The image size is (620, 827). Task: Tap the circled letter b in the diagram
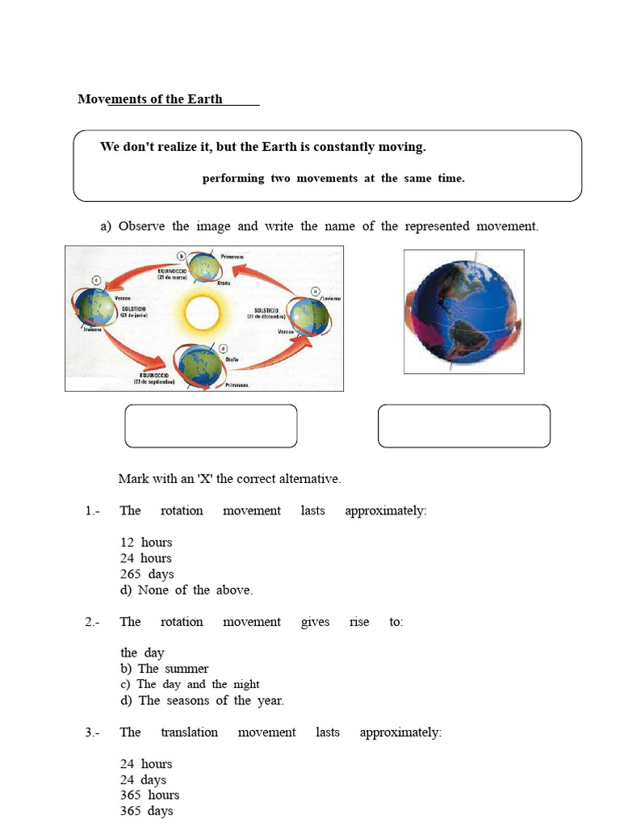click(182, 255)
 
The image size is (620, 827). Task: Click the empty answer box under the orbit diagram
click(211, 426)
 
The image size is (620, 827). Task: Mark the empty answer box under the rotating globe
click(463, 426)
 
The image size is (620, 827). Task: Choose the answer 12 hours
click(146, 542)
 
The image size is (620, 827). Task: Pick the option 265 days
click(147, 573)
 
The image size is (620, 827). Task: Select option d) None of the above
click(186, 590)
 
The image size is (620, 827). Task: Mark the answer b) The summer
click(165, 668)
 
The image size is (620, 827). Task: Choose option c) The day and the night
click(190, 684)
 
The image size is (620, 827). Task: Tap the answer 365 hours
click(149, 795)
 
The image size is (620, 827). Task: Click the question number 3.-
click(91, 733)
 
